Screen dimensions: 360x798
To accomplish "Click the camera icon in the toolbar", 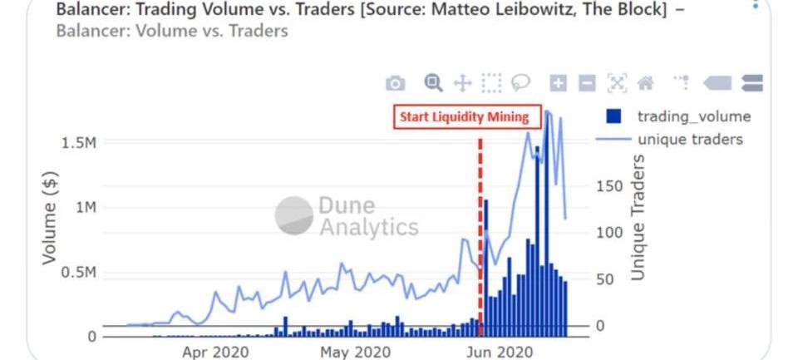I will [395, 83].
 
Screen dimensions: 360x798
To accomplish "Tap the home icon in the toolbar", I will [645, 83].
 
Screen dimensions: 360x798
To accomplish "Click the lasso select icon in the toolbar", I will [521, 82].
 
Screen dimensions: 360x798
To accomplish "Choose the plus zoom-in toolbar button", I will [559, 83].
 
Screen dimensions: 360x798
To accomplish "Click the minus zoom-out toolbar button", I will [587, 83].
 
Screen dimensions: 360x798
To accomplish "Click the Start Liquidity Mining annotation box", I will [464, 116].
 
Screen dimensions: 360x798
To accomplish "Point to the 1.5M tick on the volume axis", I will [79, 143].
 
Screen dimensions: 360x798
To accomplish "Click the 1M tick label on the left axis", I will [85, 207].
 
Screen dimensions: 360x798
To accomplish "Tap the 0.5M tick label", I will [79, 273].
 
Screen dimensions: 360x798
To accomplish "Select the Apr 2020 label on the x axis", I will [215, 352].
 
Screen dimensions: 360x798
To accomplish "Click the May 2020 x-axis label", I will [355, 352].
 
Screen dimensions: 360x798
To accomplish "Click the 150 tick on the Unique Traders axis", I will [609, 185].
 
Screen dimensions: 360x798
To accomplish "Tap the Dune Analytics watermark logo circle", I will [293, 216].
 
